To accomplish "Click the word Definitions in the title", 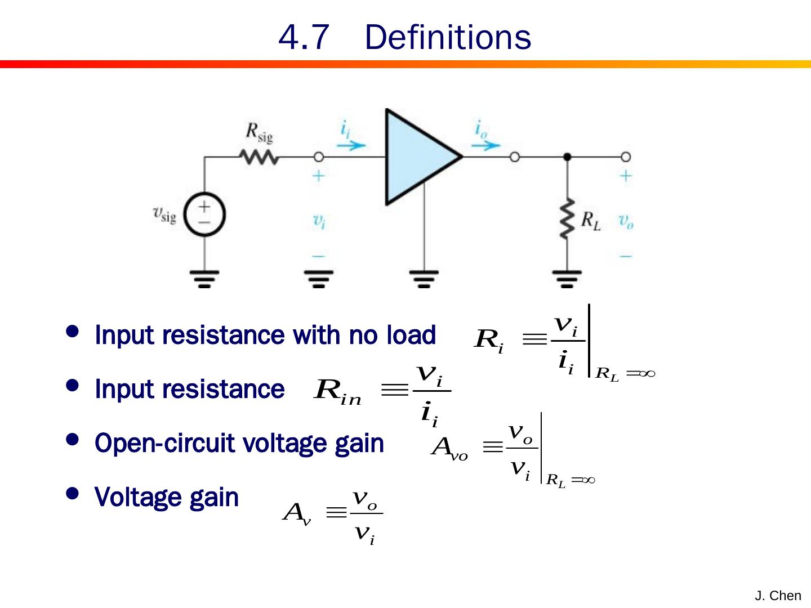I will tap(448, 38).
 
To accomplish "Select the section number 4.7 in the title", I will tap(304, 38).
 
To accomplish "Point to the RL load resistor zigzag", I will tap(567, 219).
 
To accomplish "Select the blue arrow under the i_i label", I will tap(351, 145).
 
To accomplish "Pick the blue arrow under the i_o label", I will tap(485, 145).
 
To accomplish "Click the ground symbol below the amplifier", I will tap(424, 278).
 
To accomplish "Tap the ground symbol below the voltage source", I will tap(204, 278).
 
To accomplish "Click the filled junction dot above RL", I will tap(567, 157).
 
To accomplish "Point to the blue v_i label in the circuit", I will tap(319, 221).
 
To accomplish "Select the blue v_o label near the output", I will tap(626, 221).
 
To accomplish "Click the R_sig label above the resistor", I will tap(259, 133).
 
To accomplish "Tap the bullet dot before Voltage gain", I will tap(72, 494).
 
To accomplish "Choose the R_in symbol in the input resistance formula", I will tap(337, 391).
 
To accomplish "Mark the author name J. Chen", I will tap(778, 596).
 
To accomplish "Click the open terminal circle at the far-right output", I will tap(625, 157).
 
